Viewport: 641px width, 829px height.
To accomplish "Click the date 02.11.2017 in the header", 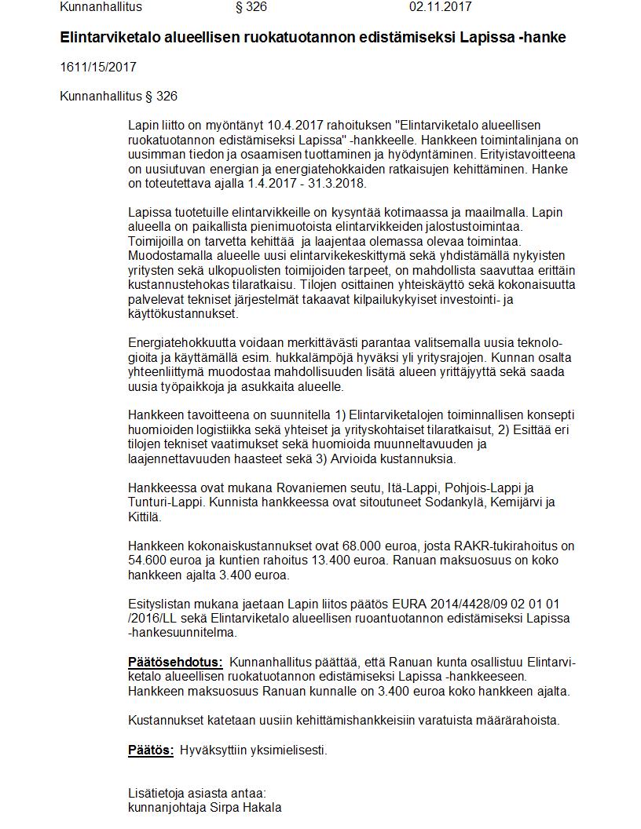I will coord(440,7).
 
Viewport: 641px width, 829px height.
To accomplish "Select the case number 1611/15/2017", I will coord(98,67).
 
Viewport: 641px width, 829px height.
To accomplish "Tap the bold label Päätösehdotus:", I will coord(175,662).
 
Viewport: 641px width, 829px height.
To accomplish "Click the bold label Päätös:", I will coord(151,750).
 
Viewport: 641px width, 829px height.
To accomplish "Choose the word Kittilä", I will coord(145,517).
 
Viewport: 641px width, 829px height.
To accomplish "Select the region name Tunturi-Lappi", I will coord(164,502).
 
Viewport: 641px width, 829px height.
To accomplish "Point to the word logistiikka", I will coord(227,429).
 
